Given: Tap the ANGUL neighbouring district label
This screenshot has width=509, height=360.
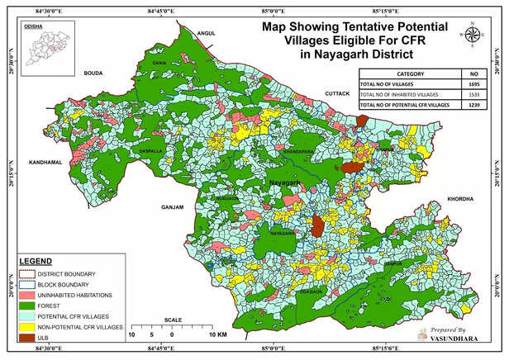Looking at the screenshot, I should click(x=204, y=33).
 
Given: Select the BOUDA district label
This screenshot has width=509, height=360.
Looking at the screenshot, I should click(x=93, y=73).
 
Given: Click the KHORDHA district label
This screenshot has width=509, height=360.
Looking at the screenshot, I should click(x=459, y=199).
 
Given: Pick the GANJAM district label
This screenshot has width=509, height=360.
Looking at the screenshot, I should click(x=172, y=206).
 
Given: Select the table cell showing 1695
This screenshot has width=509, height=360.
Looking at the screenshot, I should click(x=473, y=85).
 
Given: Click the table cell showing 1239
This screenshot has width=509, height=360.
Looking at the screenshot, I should click(x=473, y=107).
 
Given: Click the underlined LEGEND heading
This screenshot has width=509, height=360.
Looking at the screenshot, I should click(x=36, y=262).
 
